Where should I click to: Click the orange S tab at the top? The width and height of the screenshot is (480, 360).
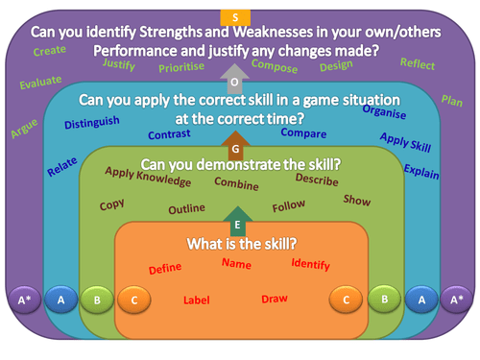pos(236,16)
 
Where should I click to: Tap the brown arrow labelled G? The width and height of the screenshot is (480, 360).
pos(235,147)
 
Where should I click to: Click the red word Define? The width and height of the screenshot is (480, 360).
pos(165,268)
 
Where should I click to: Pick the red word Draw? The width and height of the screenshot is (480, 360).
pos(275,299)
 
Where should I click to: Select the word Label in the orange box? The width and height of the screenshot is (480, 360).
pos(196,300)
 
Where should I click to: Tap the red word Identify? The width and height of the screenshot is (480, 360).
pos(310,264)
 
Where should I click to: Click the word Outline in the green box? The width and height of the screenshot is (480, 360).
pos(186,208)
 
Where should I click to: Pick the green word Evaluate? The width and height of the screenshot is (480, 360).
pos(39,83)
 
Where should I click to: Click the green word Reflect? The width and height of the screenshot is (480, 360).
pos(418,63)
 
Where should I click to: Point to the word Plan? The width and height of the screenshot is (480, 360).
pos(452,100)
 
